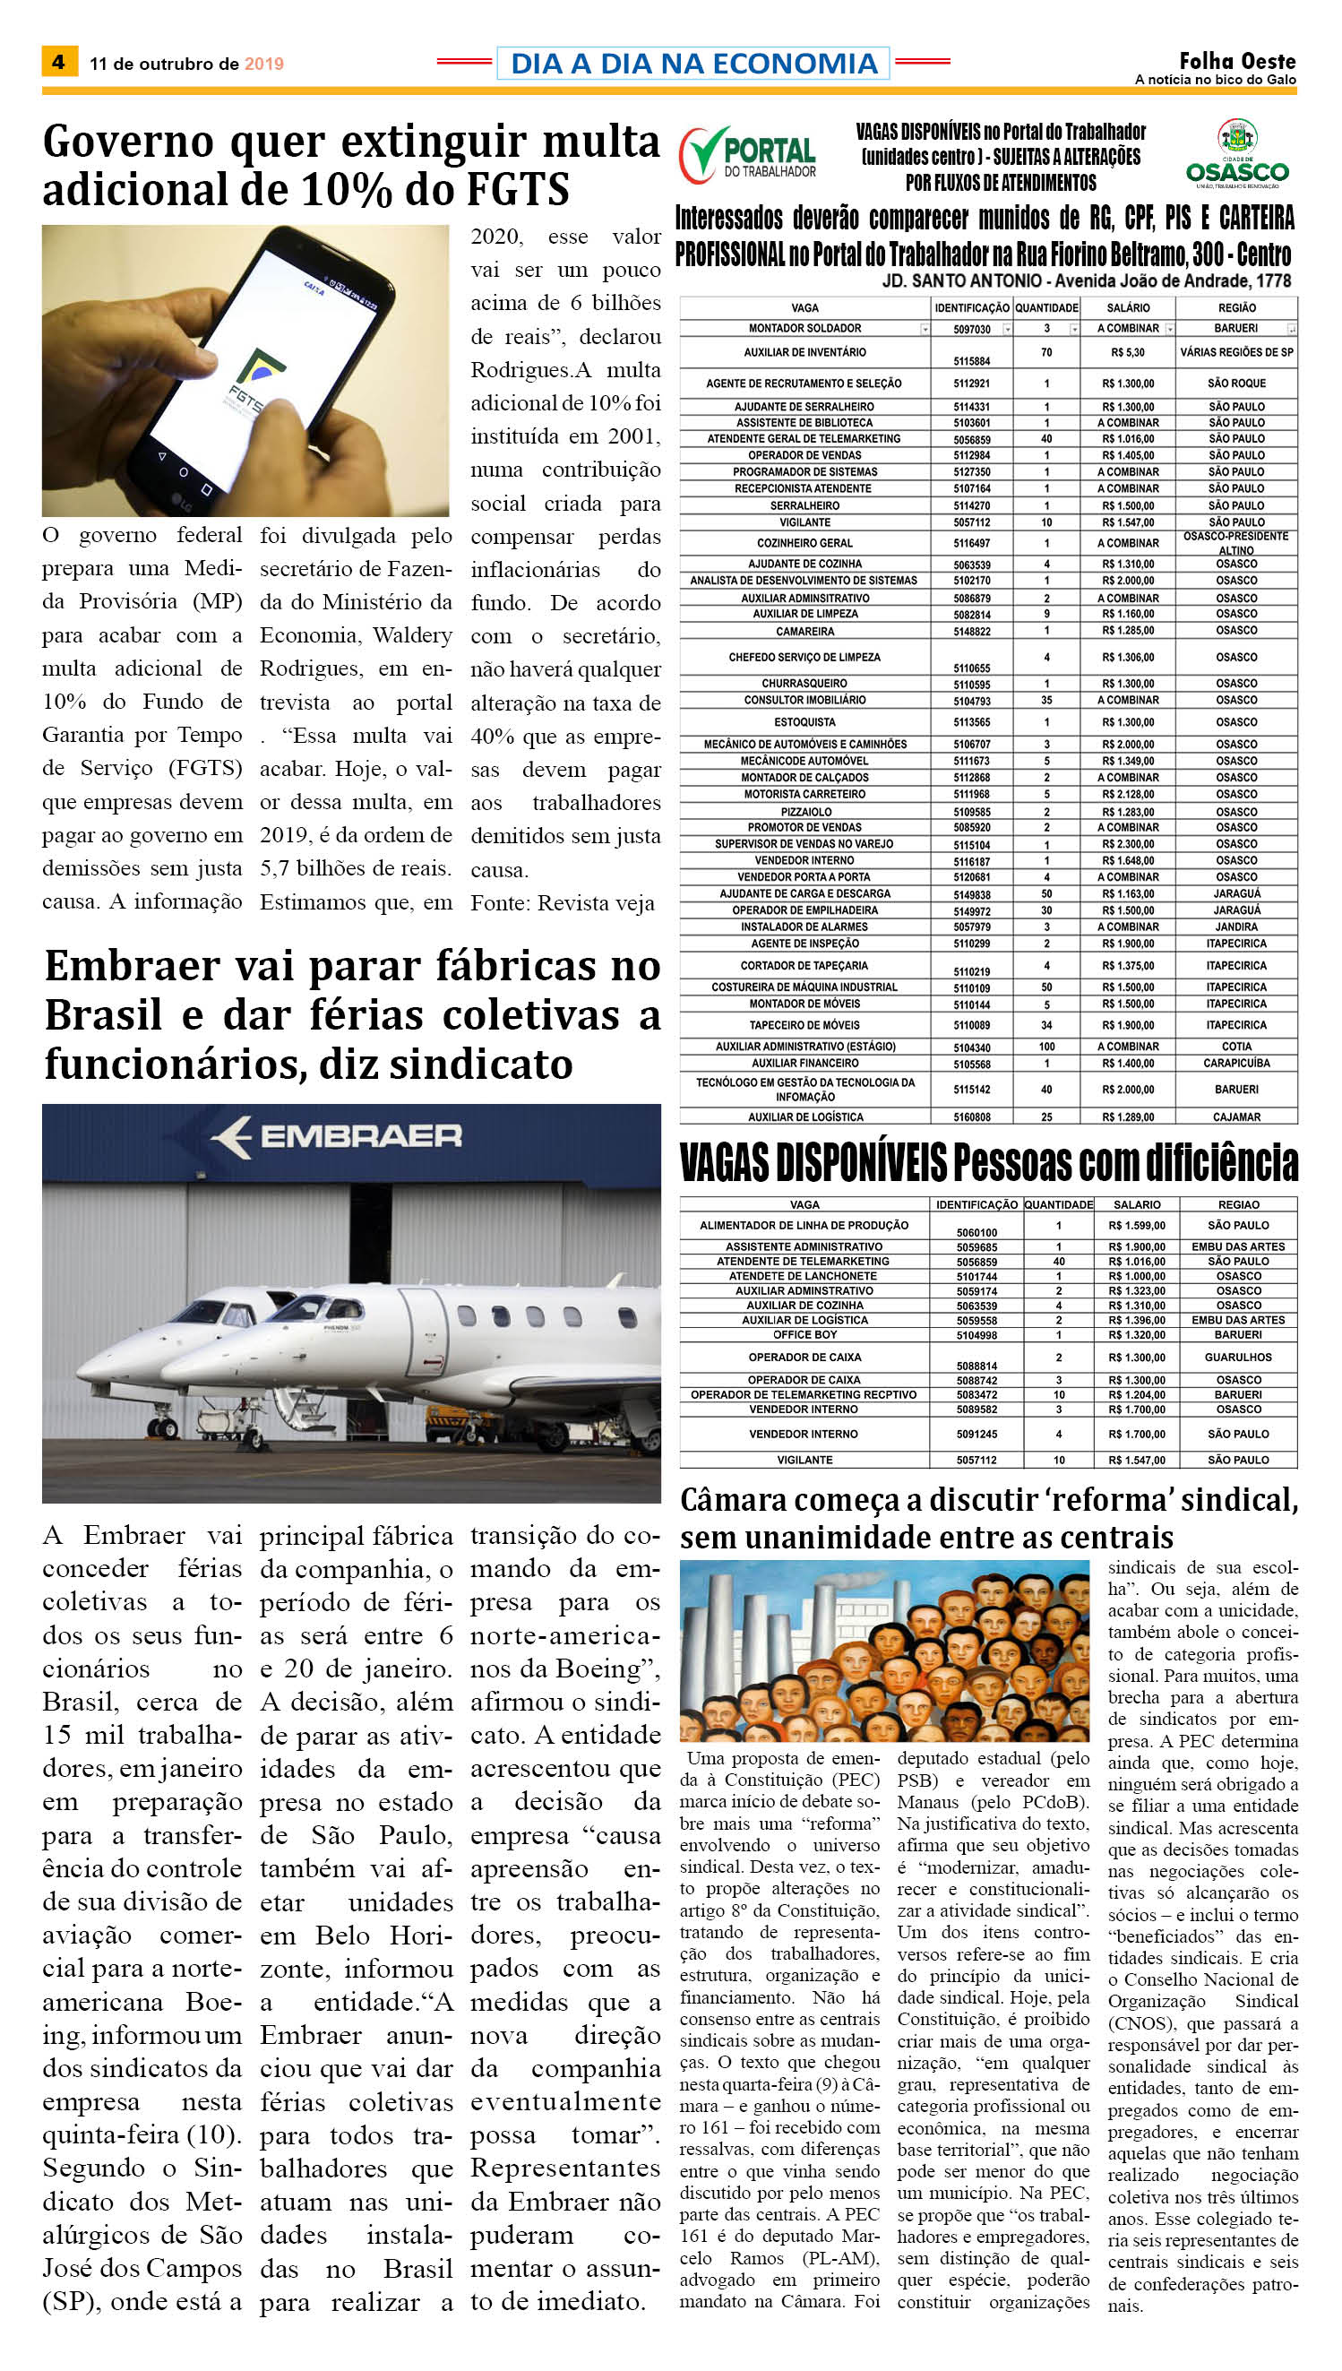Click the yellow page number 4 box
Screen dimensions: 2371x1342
59,62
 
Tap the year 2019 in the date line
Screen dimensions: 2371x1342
263,64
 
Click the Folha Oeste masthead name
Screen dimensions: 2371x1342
1237,61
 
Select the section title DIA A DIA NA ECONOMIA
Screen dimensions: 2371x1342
693,63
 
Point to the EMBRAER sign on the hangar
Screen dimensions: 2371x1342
338,1135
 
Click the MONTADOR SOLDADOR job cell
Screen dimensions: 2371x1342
804,328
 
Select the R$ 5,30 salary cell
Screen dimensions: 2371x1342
1127,352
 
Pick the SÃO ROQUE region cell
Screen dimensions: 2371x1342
1236,384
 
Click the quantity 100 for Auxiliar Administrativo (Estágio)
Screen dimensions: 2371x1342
1046,1047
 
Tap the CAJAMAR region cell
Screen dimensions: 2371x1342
1236,1117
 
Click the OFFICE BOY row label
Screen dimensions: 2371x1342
804,1335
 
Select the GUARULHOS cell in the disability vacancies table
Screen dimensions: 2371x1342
1238,1357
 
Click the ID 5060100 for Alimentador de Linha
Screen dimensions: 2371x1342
976,1231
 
